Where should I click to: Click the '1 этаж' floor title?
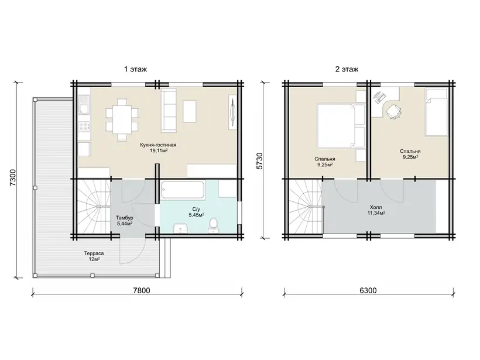pyautogui.click(x=135, y=70)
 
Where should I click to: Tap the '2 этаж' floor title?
pyautogui.click(x=347, y=70)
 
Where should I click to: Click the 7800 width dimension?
pyautogui.click(x=142, y=290)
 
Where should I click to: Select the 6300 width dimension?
pyautogui.click(x=368, y=290)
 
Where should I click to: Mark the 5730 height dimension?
pyautogui.click(x=259, y=161)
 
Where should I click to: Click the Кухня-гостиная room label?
pyautogui.click(x=158, y=145)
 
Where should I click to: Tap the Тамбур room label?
pyautogui.click(x=124, y=218)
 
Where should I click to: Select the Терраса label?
pyautogui.click(x=94, y=253)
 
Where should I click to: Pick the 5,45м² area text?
pyautogui.click(x=197, y=215)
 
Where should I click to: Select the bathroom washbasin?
pyautogui.click(x=180, y=228)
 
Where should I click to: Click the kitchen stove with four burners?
pyautogui.click(x=84, y=126)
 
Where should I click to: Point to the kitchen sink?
pyautogui.click(x=84, y=104)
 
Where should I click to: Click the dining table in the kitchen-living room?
pyautogui.click(x=122, y=119)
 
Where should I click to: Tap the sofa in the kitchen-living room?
pyautogui.click(x=169, y=111)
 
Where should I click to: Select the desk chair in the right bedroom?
pyautogui.click(x=393, y=111)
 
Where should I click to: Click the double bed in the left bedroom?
pyautogui.click(x=341, y=126)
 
